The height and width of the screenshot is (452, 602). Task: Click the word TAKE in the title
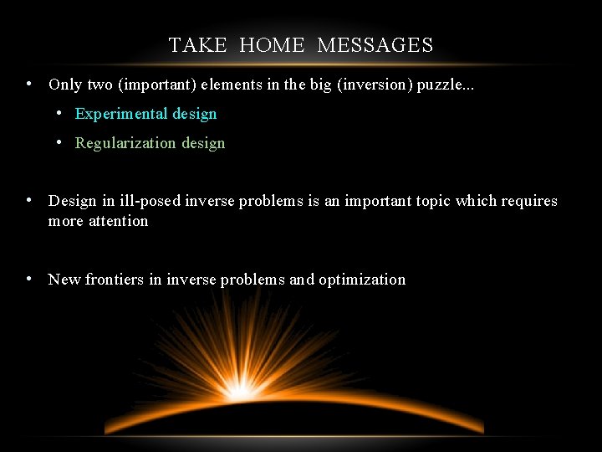[197, 45]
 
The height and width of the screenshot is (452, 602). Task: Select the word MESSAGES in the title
[375, 45]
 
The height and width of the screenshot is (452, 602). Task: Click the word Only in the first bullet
[64, 85]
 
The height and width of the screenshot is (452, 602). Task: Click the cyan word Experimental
[121, 114]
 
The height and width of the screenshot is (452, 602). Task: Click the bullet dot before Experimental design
[59, 113]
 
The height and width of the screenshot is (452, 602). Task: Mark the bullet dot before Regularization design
[59, 142]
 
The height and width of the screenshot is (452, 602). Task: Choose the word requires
[529, 201]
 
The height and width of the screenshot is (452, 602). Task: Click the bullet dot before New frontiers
[29, 279]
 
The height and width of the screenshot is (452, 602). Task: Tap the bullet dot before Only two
[29, 84]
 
